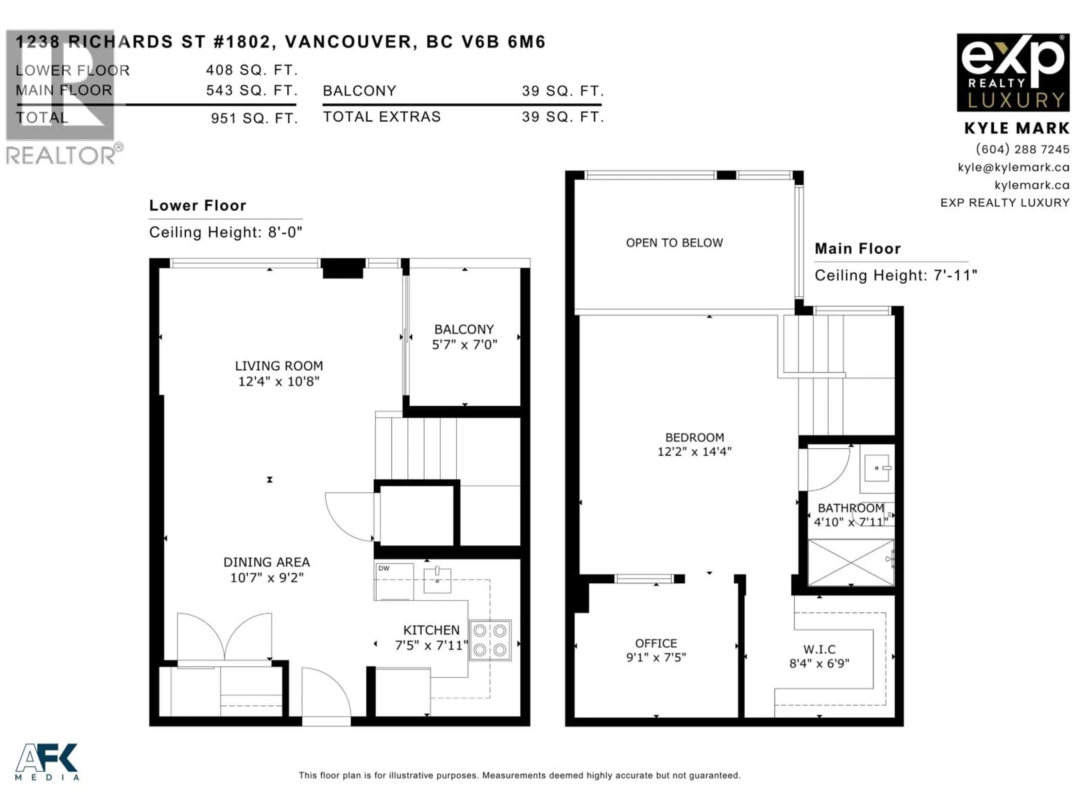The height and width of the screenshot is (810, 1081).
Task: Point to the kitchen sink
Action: pyautogui.click(x=437, y=580)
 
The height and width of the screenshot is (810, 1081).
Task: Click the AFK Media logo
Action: pyautogui.click(x=47, y=762)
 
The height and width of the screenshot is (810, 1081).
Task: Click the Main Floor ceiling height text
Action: pyautogui.click(x=895, y=275)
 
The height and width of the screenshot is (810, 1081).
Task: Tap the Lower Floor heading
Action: pyautogui.click(x=197, y=206)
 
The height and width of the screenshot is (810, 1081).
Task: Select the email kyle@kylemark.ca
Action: pyautogui.click(x=1013, y=167)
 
